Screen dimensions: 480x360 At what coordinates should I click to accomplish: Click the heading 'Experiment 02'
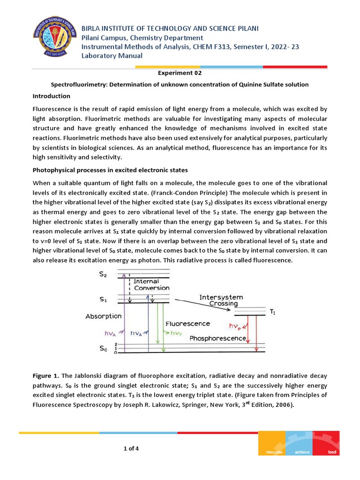click(x=180, y=73)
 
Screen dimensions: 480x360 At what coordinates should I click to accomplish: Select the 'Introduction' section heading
click(x=51, y=96)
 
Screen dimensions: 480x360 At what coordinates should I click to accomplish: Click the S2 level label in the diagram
click(x=103, y=276)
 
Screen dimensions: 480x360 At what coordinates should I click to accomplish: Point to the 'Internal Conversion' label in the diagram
click(x=151, y=285)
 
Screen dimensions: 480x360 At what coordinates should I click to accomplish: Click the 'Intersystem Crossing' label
click(x=221, y=300)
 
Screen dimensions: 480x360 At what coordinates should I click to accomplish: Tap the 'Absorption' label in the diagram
click(x=104, y=316)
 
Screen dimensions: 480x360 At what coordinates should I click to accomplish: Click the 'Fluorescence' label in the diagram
click(x=187, y=324)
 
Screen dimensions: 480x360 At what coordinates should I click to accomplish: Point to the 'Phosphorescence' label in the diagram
click(x=218, y=338)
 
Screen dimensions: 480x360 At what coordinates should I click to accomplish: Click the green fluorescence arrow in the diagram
click(x=162, y=328)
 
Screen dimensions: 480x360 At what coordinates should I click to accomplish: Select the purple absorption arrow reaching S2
click(x=124, y=314)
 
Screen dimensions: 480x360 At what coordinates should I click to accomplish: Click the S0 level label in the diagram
click(x=103, y=348)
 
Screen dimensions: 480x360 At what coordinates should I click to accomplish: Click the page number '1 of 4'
click(x=131, y=449)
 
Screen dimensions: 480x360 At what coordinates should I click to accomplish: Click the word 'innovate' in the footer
click(x=274, y=452)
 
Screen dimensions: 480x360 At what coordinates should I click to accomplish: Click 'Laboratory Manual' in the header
click(x=112, y=56)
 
